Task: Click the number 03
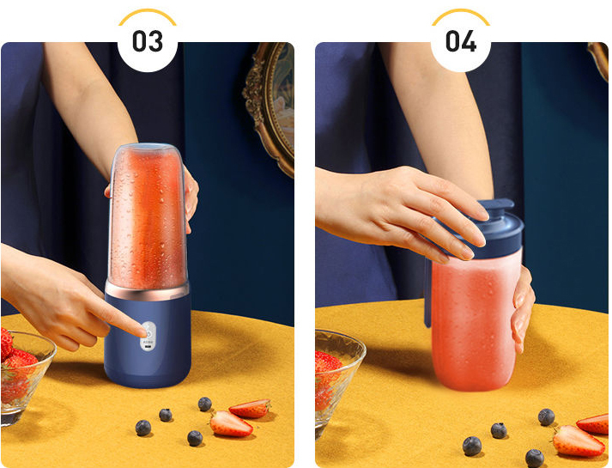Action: (x=148, y=41)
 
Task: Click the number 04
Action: (x=461, y=41)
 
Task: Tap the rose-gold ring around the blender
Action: (x=147, y=290)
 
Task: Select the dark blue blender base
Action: (x=147, y=340)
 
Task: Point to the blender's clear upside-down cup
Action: (x=148, y=216)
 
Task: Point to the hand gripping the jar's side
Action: (x=522, y=308)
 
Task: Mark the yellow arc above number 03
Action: (x=148, y=13)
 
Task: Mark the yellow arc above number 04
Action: (x=461, y=13)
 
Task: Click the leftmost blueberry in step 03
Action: (x=143, y=428)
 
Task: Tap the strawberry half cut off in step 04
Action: (x=594, y=424)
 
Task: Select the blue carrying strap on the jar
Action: (x=427, y=293)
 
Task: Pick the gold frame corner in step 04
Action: (x=599, y=58)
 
